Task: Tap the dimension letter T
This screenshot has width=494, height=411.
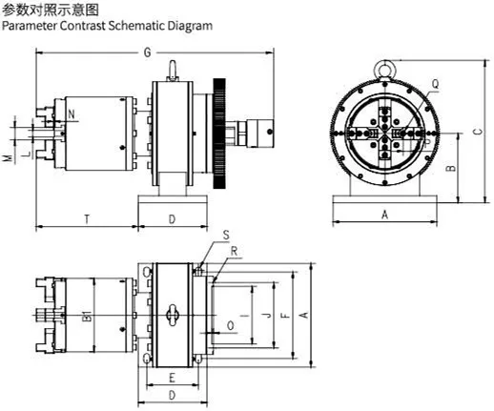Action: tap(86, 219)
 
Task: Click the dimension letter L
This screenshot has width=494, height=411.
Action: tap(26, 153)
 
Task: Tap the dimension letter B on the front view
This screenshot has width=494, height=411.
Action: tap(452, 169)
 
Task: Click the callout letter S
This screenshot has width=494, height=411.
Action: tap(226, 234)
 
